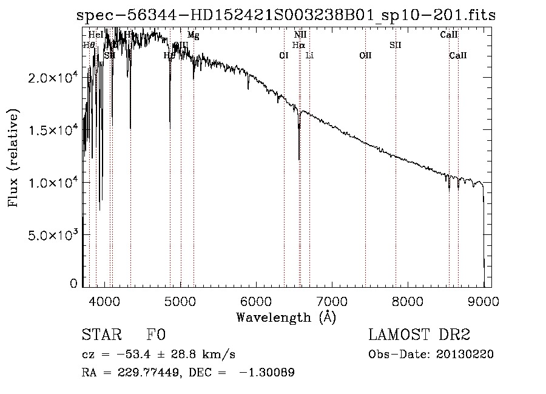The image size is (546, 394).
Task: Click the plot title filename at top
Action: [286, 16]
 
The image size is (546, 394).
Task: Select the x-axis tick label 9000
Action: [484, 301]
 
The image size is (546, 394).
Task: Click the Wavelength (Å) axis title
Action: [286, 318]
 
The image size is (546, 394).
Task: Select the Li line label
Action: [310, 56]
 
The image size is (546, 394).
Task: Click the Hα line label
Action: [298, 45]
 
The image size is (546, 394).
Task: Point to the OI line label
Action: [283, 56]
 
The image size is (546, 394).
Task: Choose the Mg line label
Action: [193, 35]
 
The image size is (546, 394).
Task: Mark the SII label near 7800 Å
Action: [396, 45]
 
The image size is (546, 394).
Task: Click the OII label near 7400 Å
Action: [365, 56]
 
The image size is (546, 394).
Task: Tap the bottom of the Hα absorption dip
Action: [299, 159]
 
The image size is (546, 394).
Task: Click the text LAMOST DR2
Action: [419, 335]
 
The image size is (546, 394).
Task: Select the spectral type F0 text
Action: [156, 335]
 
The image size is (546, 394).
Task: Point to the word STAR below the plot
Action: [101, 335]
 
